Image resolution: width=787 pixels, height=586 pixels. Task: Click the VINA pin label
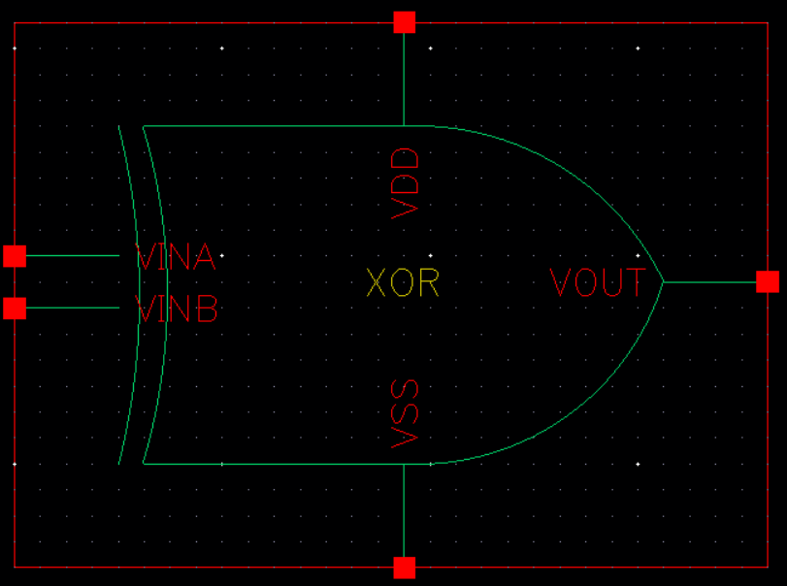point(176,257)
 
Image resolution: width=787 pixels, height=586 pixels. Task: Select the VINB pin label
point(177,309)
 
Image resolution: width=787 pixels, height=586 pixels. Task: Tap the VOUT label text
point(597,282)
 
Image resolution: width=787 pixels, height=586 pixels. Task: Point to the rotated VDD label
point(406,182)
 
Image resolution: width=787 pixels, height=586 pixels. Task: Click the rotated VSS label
point(406,414)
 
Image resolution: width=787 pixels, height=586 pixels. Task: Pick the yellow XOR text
point(403,282)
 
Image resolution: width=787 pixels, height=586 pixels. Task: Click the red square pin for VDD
point(405,22)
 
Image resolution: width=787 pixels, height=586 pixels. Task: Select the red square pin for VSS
point(405,568)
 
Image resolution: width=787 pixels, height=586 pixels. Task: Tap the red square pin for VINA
point(15,256)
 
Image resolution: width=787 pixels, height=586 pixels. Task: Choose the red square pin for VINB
point(15,309)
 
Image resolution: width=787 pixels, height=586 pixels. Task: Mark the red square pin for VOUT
point(768,281)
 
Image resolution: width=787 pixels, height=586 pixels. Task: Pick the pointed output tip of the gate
point(663,282)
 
